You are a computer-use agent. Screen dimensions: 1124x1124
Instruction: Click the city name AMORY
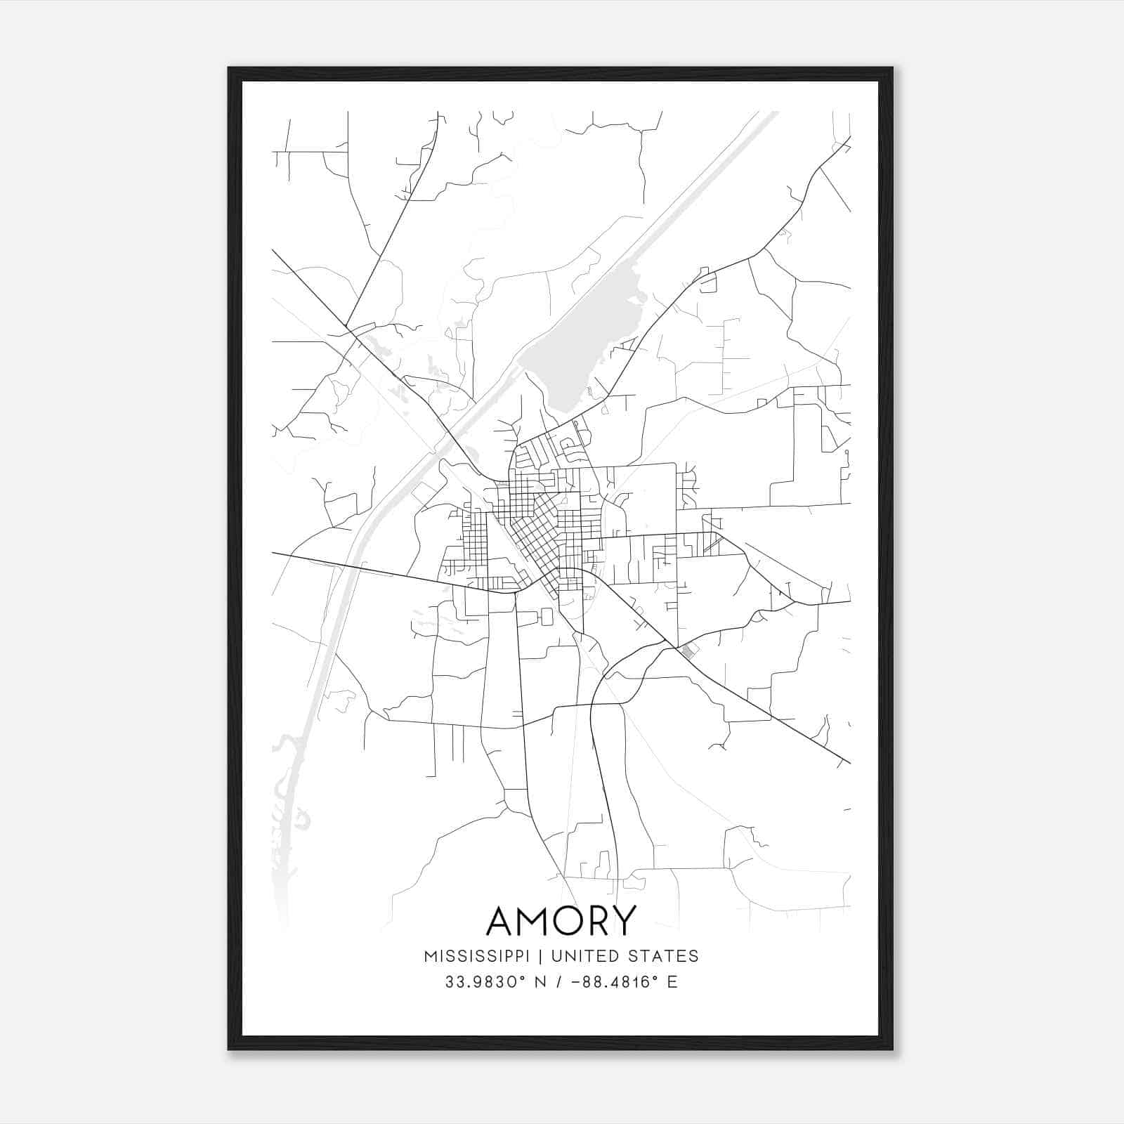561,921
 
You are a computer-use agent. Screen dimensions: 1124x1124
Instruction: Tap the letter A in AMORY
504,921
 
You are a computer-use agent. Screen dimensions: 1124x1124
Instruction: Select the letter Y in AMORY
622,921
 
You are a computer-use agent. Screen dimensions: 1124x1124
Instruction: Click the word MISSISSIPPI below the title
476,956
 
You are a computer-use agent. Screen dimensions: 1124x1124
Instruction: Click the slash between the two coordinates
559,982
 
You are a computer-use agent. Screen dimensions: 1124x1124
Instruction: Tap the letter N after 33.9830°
540,982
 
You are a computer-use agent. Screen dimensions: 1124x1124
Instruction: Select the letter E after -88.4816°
672,982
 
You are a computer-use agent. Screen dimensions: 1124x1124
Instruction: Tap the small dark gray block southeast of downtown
688,652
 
